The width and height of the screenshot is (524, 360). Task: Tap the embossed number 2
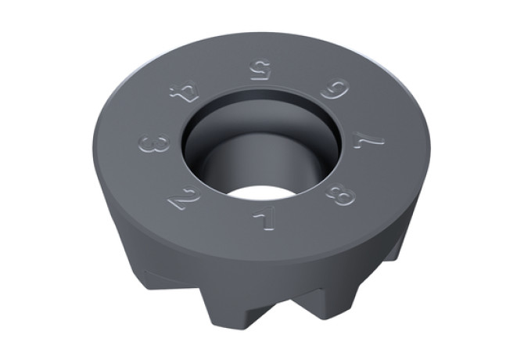tap(185, 197)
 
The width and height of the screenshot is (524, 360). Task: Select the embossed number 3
tap(154, 142)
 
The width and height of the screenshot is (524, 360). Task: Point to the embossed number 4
tap(185, 93)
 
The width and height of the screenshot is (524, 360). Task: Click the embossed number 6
tap(335, 89)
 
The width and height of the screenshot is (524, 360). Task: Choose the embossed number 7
tap(367, 139)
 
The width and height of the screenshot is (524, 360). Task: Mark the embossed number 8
tap(339, 194)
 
